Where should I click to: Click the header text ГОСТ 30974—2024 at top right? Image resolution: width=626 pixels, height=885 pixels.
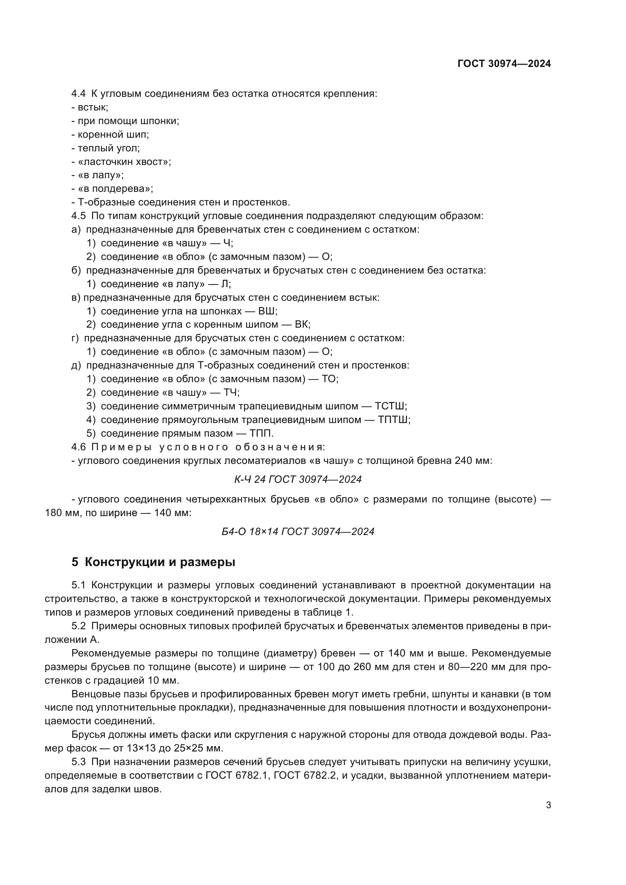[504, 64]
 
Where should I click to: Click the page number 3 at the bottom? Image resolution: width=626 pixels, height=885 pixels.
[548, 805]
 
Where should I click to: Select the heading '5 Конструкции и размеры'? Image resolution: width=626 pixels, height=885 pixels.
[153, 562]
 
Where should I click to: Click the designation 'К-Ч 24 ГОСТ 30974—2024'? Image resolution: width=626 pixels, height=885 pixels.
[298, 479]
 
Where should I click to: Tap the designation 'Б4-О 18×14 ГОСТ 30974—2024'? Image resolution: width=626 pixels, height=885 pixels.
[298, 532]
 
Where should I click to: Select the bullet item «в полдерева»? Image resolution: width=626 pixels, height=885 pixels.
[115, 189]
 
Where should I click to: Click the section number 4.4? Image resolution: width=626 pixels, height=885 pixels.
[78, 94]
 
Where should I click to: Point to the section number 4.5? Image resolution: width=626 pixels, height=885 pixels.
[78, 216]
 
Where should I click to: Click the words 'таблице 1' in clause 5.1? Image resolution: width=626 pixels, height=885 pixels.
[329, 613]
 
